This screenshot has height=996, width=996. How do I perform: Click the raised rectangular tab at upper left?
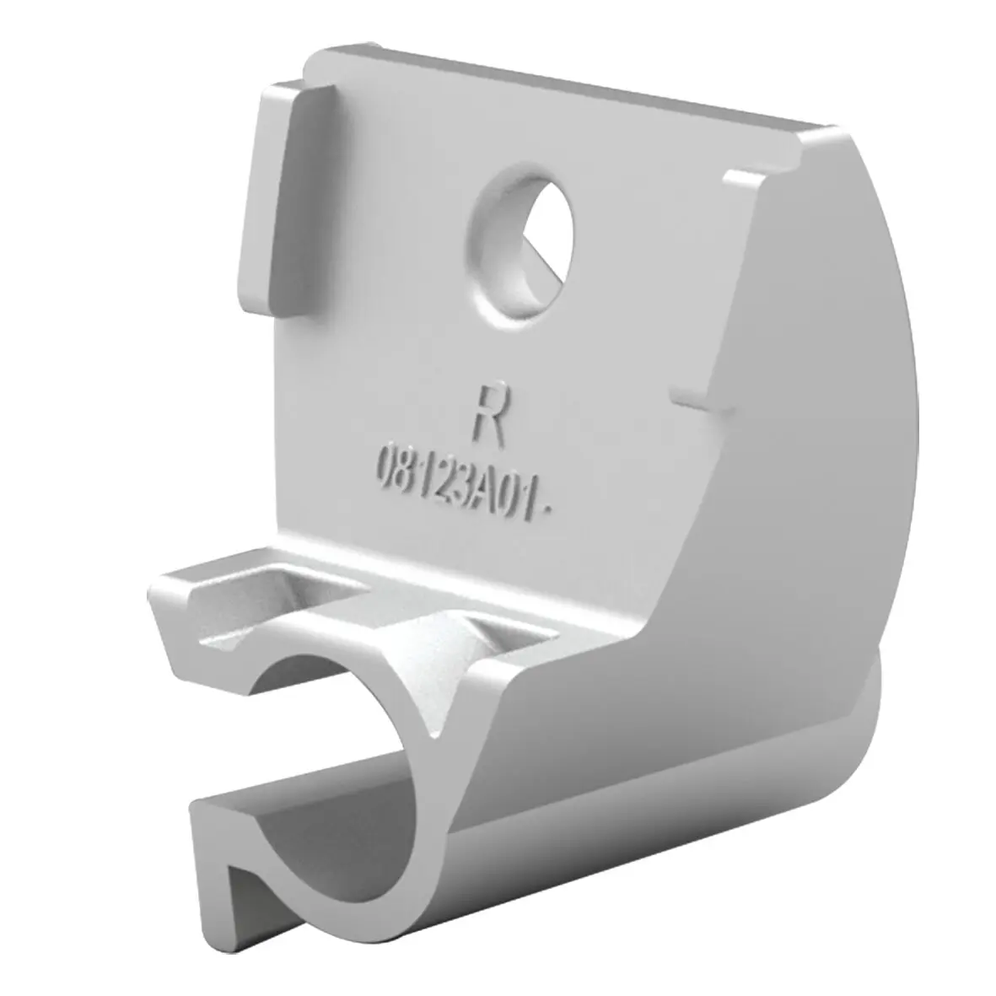pyautogui.click(x=287, y=198)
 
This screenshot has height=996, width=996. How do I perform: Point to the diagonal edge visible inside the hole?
pyautogui.click(x=543, y=259)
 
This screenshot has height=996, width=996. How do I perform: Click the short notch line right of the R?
pyautogui.click(x=700, y=401)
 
